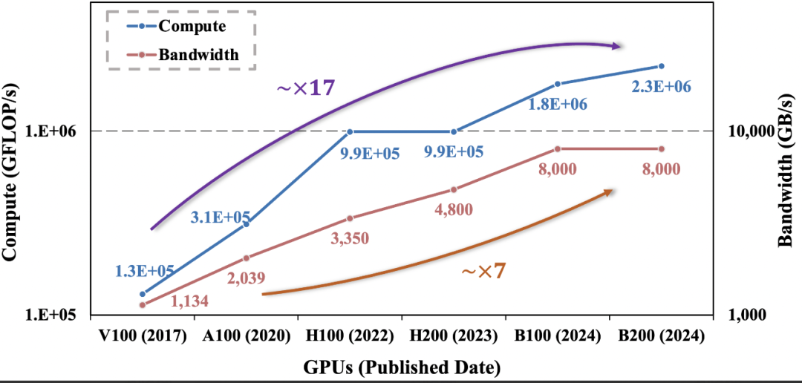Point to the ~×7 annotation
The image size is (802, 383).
pyautogui.click(x=483, y=271)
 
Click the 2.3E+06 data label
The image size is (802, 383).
pyautogui.click(x=661, y=87)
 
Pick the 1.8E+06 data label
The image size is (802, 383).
pyautogui.click(x=558, y=105)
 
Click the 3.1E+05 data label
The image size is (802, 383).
pyautogui.click(x=221, y=217)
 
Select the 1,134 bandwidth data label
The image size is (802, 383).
pyautogui.click(x=189, y=301)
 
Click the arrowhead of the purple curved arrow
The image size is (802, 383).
pyautogui.click(x=616, y=46)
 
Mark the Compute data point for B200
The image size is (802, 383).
pyautogui.click(x=662, y=66)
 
